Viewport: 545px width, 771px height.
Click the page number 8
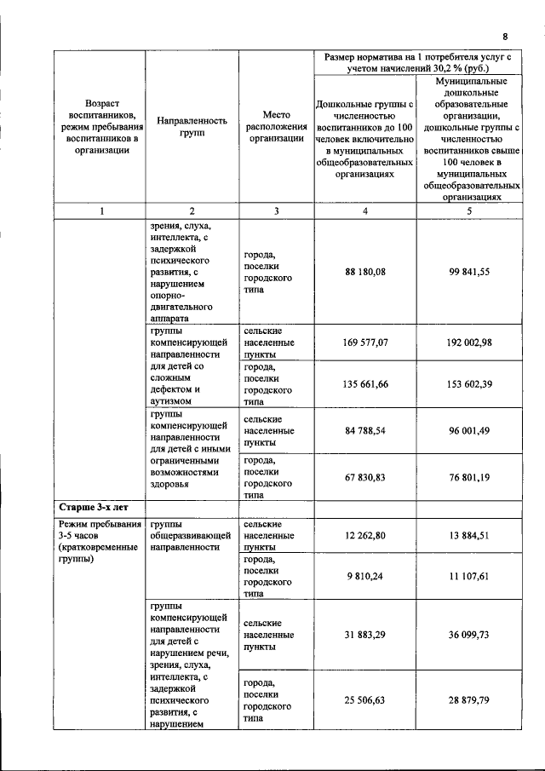click(x=505, y=37)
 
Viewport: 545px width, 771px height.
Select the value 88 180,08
click(x=365, y=272)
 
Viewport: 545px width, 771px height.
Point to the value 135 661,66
click(x=365, y=384)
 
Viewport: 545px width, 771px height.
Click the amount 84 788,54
click(x=365, y=430)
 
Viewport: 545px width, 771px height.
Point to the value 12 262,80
click(x=365, y=534)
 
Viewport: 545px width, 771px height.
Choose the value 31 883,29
click(x=365, y=635)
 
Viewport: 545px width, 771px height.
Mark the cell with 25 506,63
click(x=365, y=699)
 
